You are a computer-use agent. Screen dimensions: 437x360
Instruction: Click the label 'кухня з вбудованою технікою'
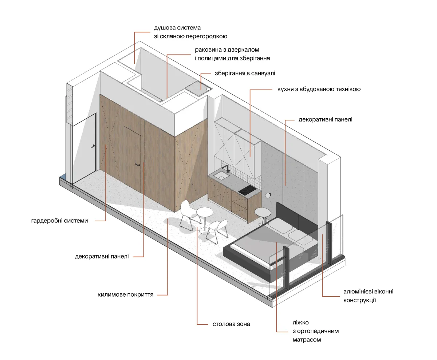click(319, 89)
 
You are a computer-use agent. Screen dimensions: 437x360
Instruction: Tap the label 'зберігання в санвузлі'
click(245, 73)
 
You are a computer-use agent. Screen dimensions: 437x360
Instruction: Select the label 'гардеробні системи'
click(60, 221)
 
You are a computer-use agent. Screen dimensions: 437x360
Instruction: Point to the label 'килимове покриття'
click(126, 294)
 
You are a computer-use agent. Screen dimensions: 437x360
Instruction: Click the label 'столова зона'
click(231, 324)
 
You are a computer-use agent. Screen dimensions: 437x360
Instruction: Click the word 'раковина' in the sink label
click(207, 50)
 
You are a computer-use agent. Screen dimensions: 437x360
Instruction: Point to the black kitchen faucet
click(226, 169)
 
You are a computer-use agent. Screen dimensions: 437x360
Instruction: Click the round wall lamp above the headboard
click(268, 195)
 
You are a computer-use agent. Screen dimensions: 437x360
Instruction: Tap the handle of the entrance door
click(94, 146)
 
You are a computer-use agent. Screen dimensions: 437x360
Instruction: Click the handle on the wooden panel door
click(138, 165)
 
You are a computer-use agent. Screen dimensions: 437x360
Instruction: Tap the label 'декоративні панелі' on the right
click(325, 119)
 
